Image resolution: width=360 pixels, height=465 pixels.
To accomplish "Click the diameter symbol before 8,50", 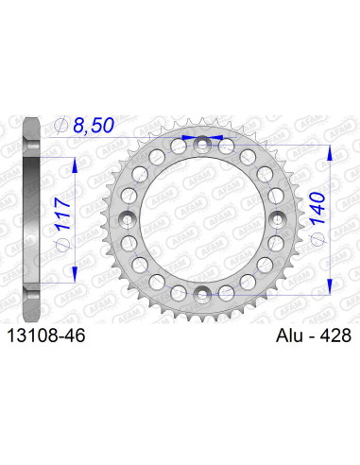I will click(64, 125).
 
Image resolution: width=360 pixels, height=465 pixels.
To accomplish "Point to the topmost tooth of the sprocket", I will click(200, 120).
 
